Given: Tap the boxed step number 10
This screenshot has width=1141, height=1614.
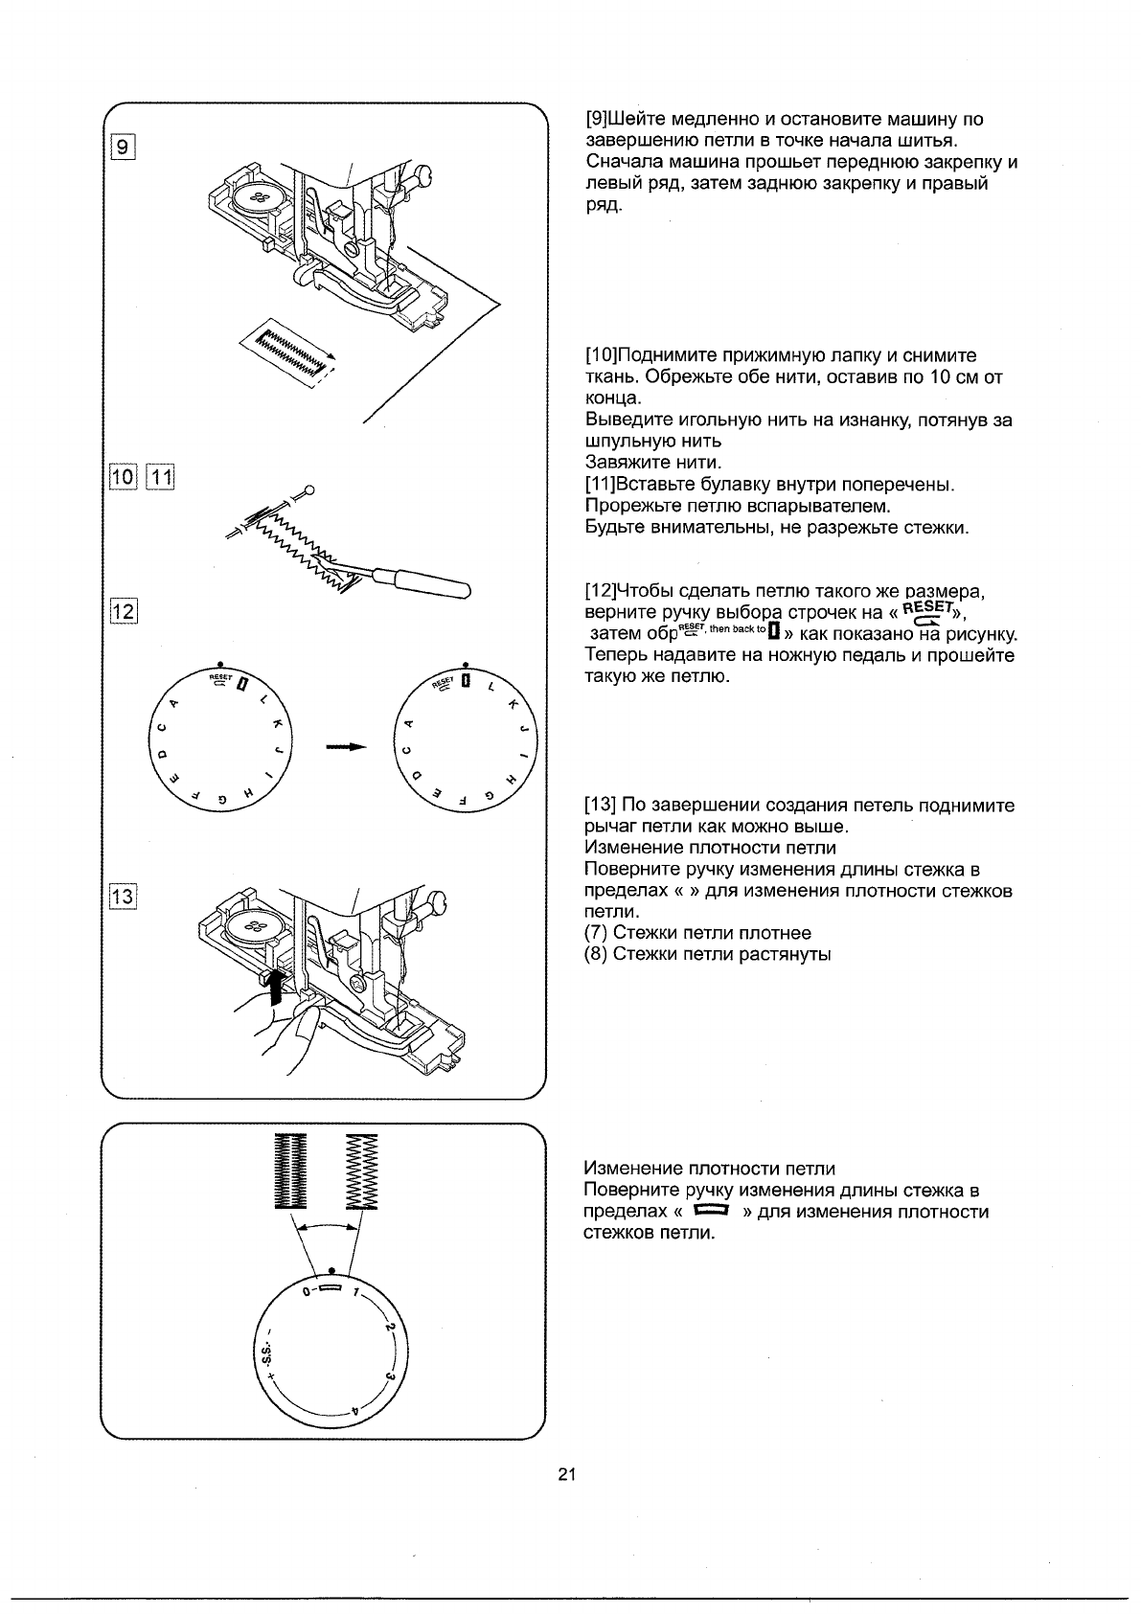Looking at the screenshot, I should (x=124, y=477).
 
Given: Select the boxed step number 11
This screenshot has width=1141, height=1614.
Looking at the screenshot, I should (x=159, y=477).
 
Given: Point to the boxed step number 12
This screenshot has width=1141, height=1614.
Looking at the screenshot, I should (x=124, y=609).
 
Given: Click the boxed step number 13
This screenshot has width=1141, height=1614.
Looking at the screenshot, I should (x=124, y=898).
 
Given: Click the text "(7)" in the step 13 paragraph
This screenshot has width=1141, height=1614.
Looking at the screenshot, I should (x=596, y=933).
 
